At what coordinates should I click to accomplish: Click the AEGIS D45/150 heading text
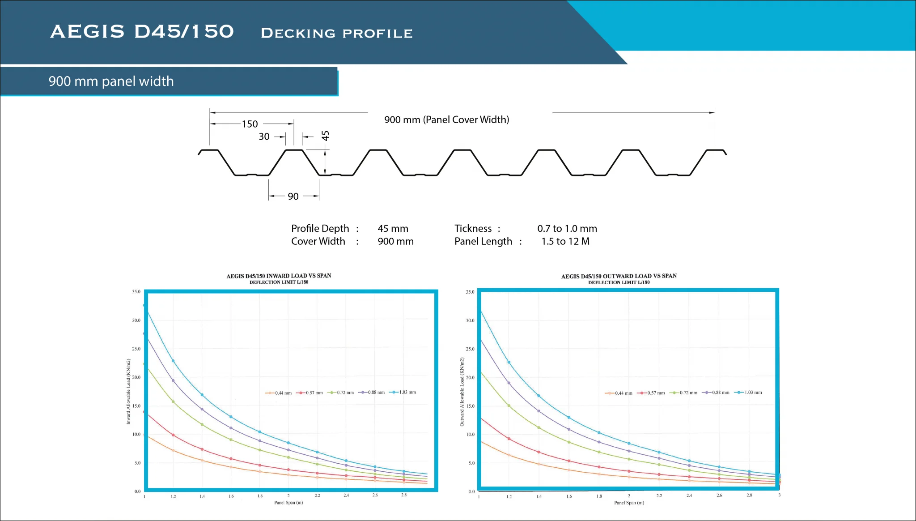click(x=142, y=32)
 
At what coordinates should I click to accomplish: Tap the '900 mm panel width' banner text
click(x=111, y=81)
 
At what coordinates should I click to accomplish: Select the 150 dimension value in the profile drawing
click(x=250, y=124)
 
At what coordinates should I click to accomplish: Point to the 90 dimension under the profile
click(x=293, y=196)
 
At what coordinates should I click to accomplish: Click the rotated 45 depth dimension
click(x=325, y=135)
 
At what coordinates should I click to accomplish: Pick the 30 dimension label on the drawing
click(x=264, y=137)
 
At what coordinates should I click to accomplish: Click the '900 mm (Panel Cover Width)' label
click(x=446, y=120)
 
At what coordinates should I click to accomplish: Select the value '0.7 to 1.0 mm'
click(x=567, y=229)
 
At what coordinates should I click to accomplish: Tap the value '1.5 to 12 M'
click(x=565, y=242)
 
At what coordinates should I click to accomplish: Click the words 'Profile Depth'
click(x=320, y=229)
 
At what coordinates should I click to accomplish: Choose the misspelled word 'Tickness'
click(x=473, y=229)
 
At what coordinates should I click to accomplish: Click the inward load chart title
click(x=279, y=276)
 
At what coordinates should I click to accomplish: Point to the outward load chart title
click(x=619, y=276)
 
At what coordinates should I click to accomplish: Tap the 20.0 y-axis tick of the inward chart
click(x=136, y=378)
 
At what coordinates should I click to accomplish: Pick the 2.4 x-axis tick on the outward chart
click(x=689, y=496)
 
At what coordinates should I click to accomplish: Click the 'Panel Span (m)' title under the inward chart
click(x=288, y=503)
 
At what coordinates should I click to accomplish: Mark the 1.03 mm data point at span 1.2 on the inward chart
click(x=173, y=361)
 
